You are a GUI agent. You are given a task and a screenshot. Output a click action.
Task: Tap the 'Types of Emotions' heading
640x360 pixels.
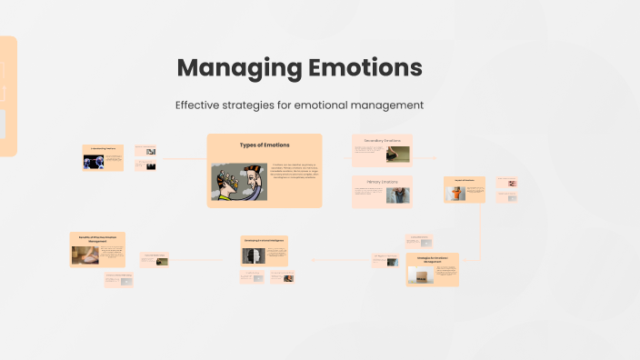pos(264,145)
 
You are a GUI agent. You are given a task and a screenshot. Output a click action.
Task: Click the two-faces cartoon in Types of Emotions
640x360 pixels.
pos(239,182)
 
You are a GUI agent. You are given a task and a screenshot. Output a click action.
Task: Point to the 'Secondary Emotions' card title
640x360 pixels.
pos(382,141)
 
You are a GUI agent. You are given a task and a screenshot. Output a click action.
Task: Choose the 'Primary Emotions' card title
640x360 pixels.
pos(382,183)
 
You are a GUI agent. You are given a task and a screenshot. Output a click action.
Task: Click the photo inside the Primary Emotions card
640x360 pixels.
pos(398,195)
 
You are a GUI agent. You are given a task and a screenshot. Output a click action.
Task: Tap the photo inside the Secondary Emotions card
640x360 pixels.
pos(398,154)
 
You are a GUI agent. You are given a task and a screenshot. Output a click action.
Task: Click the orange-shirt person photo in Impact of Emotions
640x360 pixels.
pos(456,193)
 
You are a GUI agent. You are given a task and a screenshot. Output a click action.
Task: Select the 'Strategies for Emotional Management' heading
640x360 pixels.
pos(432,259)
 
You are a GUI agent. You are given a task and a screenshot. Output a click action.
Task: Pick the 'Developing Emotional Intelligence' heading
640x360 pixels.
pos(265,240)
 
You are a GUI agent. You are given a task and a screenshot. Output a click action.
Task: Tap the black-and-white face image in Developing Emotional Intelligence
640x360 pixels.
pos(253,255)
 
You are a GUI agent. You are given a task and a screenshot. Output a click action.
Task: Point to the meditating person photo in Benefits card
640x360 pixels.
pos(86,255)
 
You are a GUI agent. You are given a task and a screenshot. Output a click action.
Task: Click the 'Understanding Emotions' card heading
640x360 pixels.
pos(103,147)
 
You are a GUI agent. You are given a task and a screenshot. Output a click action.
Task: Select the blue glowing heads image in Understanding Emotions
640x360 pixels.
pos(94,162)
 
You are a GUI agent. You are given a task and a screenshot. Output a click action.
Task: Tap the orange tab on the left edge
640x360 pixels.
pos(8,95)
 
